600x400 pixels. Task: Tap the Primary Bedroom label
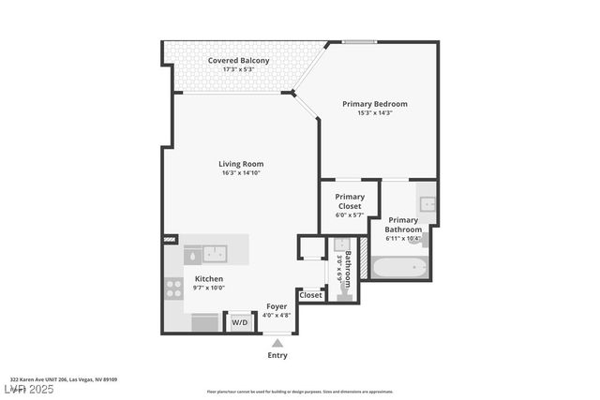click(374, 104)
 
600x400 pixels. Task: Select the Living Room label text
click(241, 164)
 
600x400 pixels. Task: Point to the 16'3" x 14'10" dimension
click(241, 173)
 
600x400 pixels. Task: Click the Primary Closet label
click(350, 201)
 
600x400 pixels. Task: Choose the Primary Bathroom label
click(404, 225)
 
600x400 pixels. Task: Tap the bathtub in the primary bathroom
click(399, 268)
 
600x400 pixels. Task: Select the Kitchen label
click(209, 279)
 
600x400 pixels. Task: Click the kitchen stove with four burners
click(173, 289)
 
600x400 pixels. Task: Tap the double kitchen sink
click(205, 253)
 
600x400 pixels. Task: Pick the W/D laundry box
click(240, 322)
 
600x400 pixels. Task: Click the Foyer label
click(277, 306)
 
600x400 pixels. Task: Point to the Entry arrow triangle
click(277, 343)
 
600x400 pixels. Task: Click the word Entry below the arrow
click(277, 355)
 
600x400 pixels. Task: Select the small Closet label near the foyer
click(311, 295)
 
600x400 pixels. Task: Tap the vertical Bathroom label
click(347, 269)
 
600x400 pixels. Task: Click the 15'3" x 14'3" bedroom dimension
click(374, 113)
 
